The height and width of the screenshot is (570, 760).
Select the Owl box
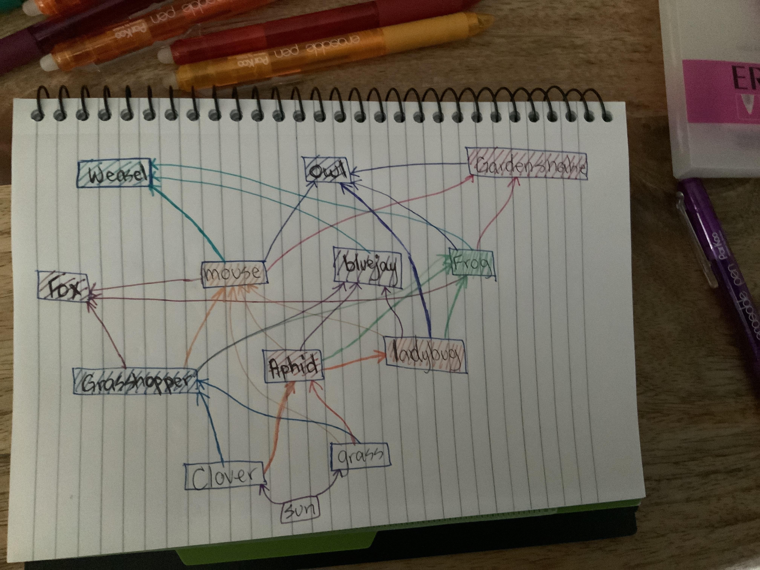point(327,170)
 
